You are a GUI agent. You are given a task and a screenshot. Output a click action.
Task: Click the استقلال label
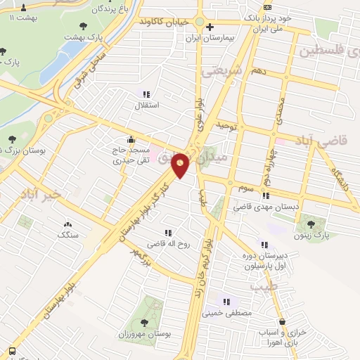[146, 105]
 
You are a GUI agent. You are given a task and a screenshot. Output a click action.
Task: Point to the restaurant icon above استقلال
[146, 94]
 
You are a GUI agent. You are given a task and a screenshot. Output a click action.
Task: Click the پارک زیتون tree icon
[312, 224]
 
